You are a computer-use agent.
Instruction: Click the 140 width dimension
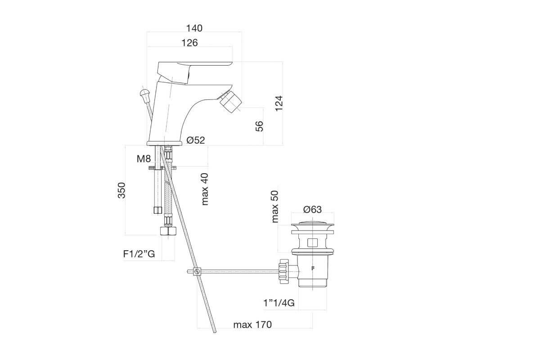pos(194,28)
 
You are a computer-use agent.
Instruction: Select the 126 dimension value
pos(189,43)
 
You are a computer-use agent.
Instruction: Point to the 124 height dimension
pos(279,103)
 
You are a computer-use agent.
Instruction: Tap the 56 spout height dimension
pos(259,126)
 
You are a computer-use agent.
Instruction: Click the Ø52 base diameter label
pos(195,140)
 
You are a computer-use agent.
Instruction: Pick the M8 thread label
pos(144,159)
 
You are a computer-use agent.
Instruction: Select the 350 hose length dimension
pos(121,190)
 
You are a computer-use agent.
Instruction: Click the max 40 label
pos(205,189)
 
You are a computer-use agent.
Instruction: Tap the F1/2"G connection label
pos(139,254)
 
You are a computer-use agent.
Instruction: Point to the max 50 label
pos(275,207)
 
